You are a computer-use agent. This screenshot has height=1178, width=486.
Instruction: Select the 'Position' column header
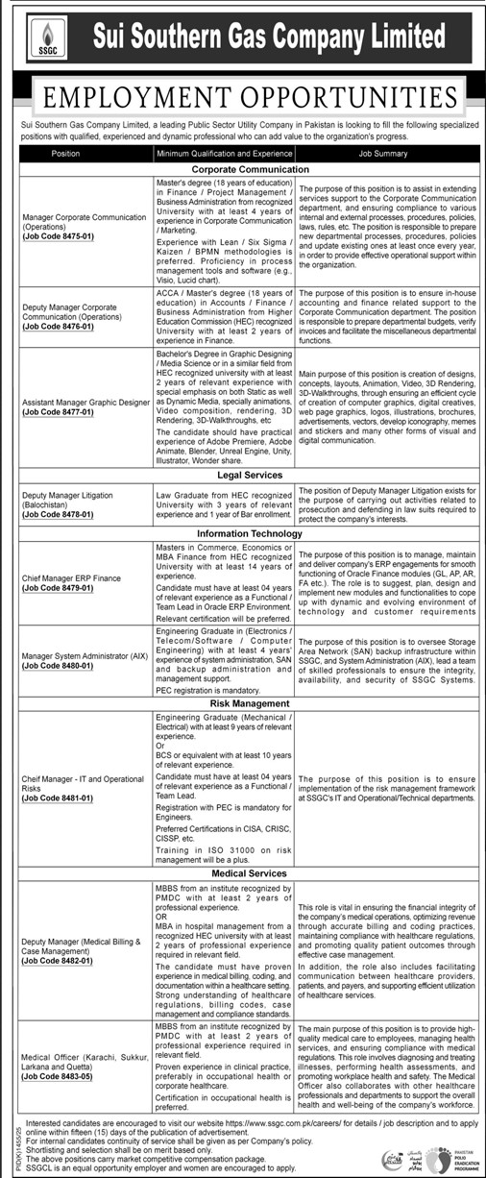point(66,153)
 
